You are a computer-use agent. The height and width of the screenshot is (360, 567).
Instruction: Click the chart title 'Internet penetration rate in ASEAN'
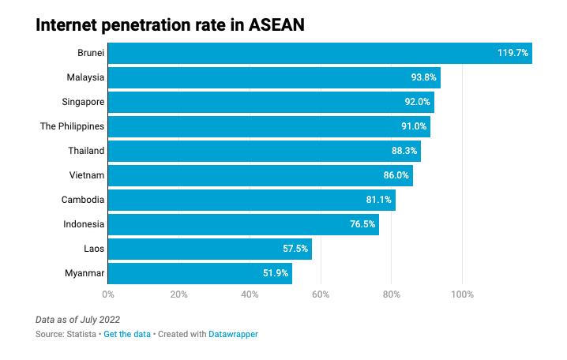click(x=170, y=25)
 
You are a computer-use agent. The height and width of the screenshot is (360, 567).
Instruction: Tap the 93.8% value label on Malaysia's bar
click(x=423, y=77)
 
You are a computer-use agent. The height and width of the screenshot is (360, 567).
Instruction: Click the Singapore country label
click(x=83, y=102)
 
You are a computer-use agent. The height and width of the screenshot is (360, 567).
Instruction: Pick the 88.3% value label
click(x=404, y=151)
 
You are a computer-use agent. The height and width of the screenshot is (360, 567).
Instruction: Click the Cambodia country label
click(x=83, y=200)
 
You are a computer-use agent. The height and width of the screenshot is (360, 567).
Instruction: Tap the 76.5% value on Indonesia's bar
click(x=362, y=224)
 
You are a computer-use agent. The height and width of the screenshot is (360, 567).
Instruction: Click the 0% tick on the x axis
click(x=108, y=294)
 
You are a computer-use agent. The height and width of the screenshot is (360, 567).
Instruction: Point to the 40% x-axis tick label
click(x=250, y=294)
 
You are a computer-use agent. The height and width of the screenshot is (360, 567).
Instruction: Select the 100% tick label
click(x=462, y=294)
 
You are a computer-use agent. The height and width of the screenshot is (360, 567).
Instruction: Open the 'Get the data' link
click(x=127, y=334)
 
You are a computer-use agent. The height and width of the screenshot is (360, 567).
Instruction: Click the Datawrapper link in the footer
click(x=233, y=334)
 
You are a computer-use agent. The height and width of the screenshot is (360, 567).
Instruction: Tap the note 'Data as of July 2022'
click(x=77, y=320)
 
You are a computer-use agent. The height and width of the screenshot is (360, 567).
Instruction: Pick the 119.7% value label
click(x=513, y=53)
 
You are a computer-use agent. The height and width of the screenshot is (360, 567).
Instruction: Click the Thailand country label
click(x=86, y=151)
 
